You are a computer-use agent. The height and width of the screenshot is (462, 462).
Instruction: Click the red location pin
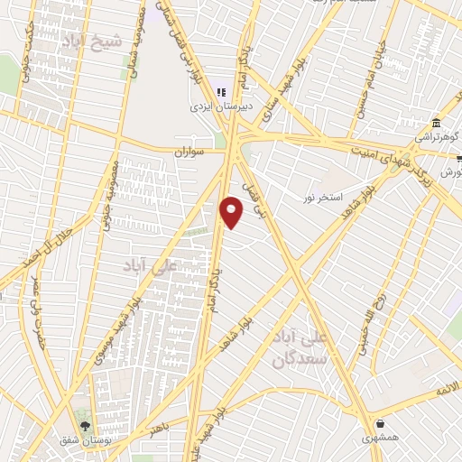click(232, 211)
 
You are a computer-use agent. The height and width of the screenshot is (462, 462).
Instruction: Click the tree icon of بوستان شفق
click(86, 424)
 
